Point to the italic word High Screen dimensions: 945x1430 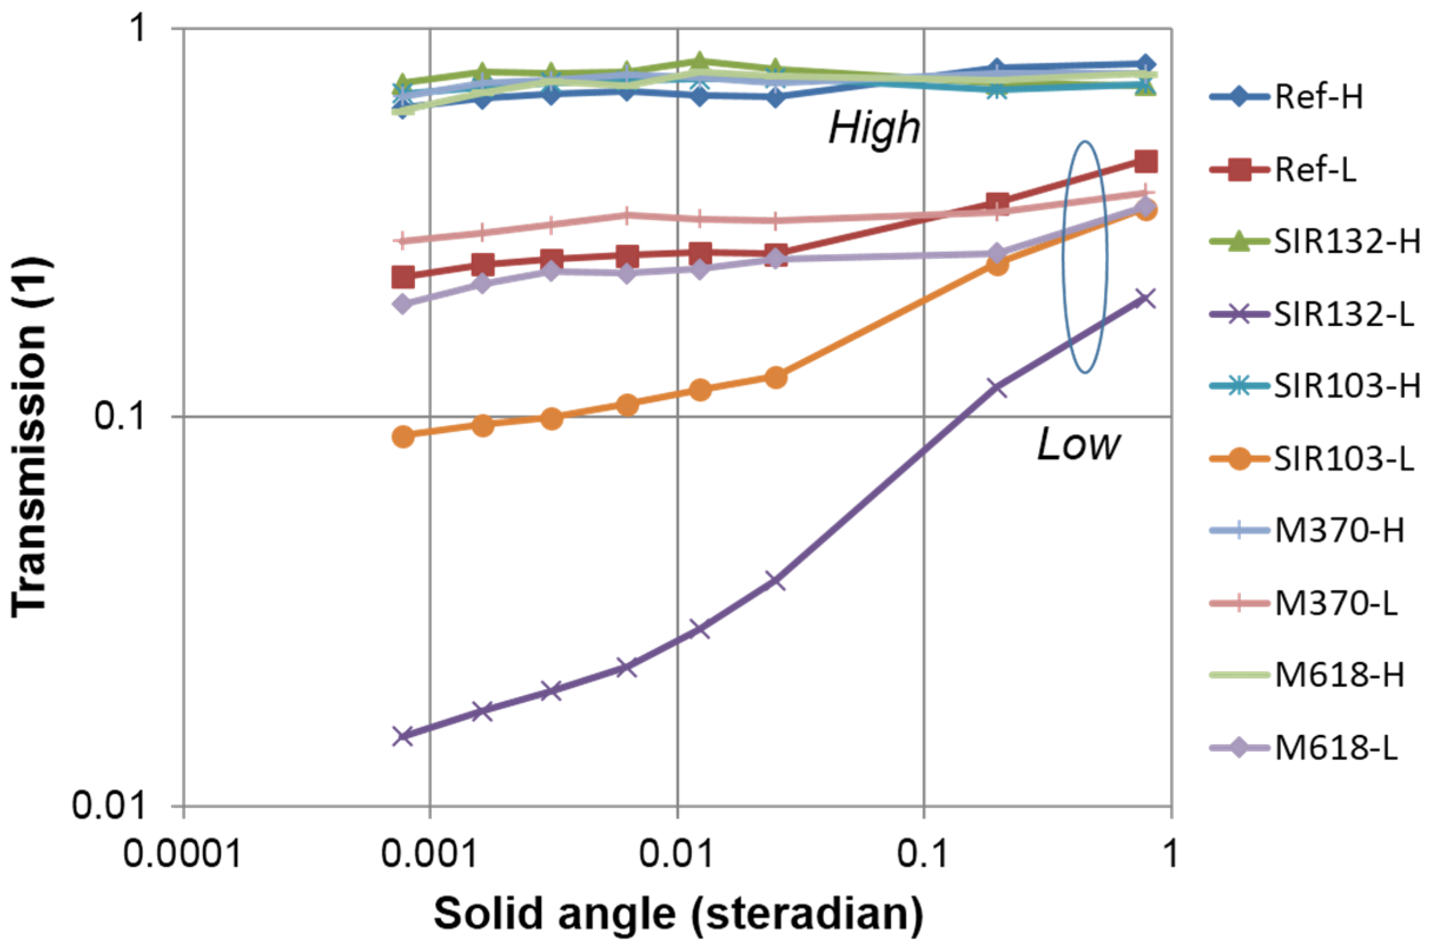(x=874, y=128)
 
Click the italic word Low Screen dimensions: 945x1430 (x=1078, y=446)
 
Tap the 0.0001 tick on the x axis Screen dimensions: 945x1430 (x=183, y=854)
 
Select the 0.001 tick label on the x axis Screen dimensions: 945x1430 (x=429, y=854)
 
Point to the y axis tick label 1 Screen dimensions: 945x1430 (x=140, y=28)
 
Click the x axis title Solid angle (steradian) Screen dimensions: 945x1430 (x=678, y=914)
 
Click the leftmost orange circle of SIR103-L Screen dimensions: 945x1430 (x=403, y=437)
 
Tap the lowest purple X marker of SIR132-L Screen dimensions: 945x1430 (x=403, y=736)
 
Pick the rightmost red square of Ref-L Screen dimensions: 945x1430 (x=1146, y=161)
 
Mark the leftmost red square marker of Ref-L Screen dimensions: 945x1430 (x=403, y=277)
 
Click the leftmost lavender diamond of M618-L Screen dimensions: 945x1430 (x=403, y=303)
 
